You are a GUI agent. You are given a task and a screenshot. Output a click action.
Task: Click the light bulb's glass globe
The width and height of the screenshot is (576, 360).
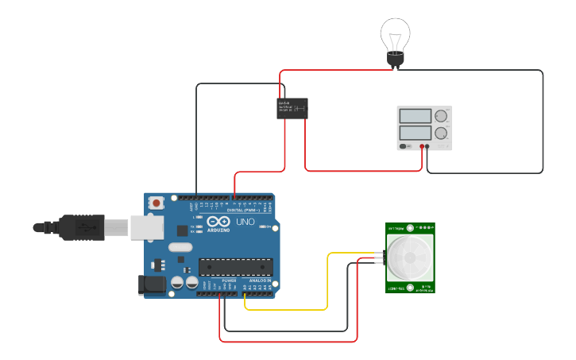[395, 33]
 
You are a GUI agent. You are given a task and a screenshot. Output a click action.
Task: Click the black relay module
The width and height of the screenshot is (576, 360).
[292, 108]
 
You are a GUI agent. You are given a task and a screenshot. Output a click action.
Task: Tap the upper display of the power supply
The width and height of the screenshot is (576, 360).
[415, 116]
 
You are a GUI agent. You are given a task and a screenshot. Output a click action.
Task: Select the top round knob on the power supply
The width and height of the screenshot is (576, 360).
[441, 116]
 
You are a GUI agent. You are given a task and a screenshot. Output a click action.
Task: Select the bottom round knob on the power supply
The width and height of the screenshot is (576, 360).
[441, 133]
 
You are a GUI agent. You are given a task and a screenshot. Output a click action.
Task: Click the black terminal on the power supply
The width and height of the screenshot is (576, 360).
[427, 146]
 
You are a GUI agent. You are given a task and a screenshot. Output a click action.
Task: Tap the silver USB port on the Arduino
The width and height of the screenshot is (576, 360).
[147, 226]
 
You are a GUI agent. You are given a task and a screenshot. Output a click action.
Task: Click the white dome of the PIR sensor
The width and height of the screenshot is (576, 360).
[411, 257]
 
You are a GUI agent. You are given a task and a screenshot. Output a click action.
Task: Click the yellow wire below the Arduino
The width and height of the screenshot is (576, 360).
[286, 309]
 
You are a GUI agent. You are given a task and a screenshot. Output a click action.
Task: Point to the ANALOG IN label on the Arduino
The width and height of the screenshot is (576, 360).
[260, 281]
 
